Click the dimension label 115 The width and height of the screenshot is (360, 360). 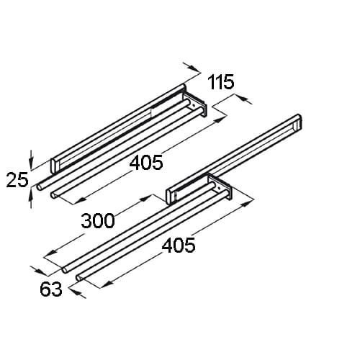221,82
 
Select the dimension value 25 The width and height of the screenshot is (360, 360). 17,180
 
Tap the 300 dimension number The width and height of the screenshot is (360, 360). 98,221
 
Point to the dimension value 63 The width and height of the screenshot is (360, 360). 51,289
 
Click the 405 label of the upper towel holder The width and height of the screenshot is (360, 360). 146,163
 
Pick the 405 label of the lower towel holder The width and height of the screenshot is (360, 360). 179,246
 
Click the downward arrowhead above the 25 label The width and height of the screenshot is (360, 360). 30,163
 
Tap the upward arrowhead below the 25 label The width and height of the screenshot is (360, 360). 30,196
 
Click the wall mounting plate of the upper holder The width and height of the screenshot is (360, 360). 195,105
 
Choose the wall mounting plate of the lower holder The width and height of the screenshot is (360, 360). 220,188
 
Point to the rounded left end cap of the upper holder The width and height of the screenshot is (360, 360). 54,166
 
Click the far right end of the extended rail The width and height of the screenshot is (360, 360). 299,122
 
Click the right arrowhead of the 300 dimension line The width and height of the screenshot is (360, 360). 145,199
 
